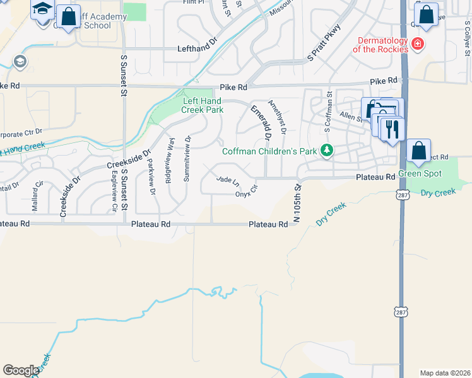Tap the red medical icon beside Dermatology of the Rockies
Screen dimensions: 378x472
point(417,43)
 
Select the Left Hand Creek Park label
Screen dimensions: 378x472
point(203,105)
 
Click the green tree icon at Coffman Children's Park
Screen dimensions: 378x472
point(326,150)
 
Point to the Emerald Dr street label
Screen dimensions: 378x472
point(261,122)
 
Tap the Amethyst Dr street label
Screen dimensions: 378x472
point(278,117)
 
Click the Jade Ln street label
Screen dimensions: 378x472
point(228,181)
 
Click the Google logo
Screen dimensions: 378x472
point(21,370)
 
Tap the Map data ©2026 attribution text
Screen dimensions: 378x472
point(445,372)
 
